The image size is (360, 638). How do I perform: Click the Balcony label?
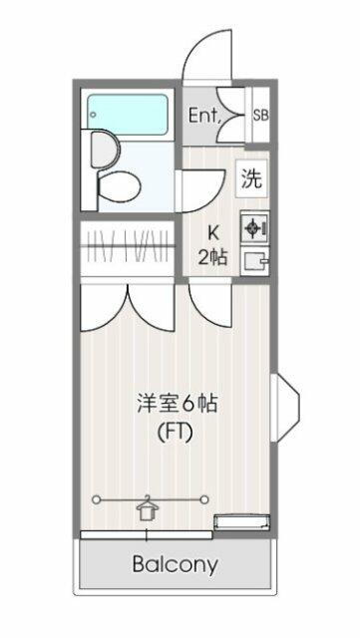point(176,564)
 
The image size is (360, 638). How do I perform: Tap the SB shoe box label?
point(260,116)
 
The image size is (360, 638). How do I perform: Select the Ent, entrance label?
point(204,116)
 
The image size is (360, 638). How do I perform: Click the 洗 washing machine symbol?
point(252,178)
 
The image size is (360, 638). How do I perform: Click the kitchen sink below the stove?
point(254,261)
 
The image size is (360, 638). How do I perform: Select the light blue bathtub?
point(128,116)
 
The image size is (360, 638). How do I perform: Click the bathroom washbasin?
point(103,150)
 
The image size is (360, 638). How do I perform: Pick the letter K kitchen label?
point(213,232)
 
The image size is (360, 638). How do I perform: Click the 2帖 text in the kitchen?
point(212,257)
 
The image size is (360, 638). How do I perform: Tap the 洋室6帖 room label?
point(177,405)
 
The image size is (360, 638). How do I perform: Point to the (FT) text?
point(176,434)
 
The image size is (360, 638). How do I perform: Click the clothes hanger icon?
point(148,508)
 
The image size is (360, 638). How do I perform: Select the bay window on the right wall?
point(285,408)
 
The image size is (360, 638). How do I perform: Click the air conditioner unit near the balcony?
point(242,521)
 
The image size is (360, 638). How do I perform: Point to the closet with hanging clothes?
point(128,247)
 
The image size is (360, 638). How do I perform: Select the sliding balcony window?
point(147,534)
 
